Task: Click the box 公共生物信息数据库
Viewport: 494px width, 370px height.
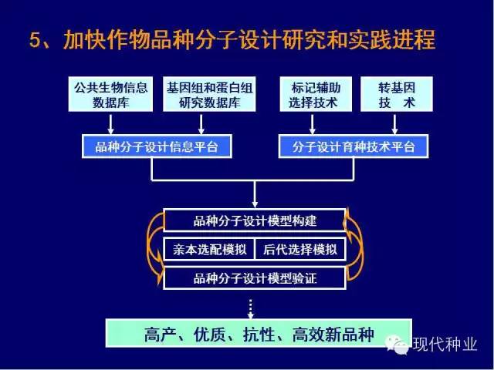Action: [110, 94]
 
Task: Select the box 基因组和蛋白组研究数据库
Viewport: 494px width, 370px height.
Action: [209, 94]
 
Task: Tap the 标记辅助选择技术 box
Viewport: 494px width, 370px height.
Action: [316, 94]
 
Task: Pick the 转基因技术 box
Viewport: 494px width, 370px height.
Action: [397, 94]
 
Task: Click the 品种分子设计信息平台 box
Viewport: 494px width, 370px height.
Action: [157, 146]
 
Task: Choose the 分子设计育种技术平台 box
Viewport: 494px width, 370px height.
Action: [354, 146]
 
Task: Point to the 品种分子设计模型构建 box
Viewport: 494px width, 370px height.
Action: [255, 220]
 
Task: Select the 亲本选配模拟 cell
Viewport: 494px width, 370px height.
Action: [209, 250]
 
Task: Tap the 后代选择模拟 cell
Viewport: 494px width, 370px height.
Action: [300, 250]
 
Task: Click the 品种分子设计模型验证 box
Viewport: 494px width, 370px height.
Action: [255, 278]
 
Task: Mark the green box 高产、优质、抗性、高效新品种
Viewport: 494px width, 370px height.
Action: [259, 334]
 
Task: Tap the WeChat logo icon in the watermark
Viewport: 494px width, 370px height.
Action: [398, 345]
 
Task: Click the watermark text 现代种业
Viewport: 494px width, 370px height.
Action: [445, 345]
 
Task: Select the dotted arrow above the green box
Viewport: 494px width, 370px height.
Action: [250, 309]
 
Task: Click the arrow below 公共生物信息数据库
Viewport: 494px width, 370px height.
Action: [110, 124]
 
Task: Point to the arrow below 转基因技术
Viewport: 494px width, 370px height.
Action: [394, 124]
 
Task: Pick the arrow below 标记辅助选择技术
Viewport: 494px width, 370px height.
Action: [312, 124]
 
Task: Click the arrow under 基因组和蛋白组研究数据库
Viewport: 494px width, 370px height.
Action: [201, 124]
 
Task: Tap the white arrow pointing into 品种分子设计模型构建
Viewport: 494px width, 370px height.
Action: [255, 194]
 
